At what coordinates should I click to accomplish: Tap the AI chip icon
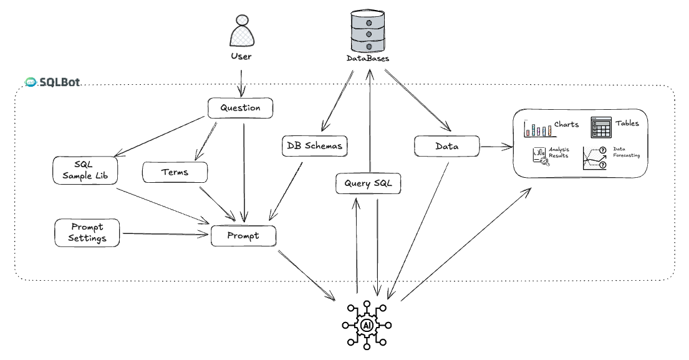pyautogui.click(x=367, y=324)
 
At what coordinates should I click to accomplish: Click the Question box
pyautogui.click(x=240, y=108)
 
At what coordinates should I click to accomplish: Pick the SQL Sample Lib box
pyautogui.click(x=85, y=170)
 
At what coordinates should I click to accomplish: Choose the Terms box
pyautogui.click(x=175, y=172)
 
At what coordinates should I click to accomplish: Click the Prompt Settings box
pyautogui.click(x=87, y=232)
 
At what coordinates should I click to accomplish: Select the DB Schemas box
pyautogui.click(x=315, y=146)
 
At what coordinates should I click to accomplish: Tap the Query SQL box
pyautogui.click(x=367, y=183)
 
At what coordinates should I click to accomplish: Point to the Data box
pyautogui.click(x=447, y=146)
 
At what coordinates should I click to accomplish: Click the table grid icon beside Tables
pyautogui.click(x=601, y=127)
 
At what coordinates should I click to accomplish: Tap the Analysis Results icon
pyautogui.click(x=540, y=156)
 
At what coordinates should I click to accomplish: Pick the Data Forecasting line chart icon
pyautogui.click(x=594, y=158)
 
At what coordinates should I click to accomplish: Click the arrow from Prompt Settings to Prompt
pyautogui.click(x=165, y=235)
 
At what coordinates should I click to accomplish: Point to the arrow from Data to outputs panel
pyautogui.click(x=496, y=147)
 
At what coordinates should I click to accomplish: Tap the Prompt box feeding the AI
pyautogui.click(x=243, y=236)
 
